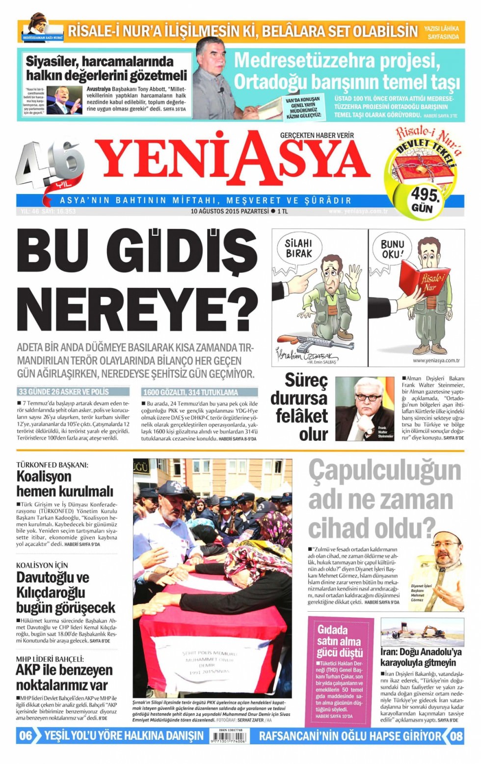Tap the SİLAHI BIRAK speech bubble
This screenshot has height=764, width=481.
tap(298, 248)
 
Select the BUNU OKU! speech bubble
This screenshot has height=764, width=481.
tap(393, 249)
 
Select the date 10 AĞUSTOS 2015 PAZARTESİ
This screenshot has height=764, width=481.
tap(230, 211)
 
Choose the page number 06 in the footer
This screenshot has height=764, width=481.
tap(26, 736)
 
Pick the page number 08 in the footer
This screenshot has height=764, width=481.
tap(456, 736)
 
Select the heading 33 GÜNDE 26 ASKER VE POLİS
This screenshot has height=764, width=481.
tap(64, 392)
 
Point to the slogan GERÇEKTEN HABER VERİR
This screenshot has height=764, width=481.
tap(317, 135)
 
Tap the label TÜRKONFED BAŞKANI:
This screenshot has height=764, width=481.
tap(52, 464)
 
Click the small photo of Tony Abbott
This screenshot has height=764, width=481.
tap(64, 100)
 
